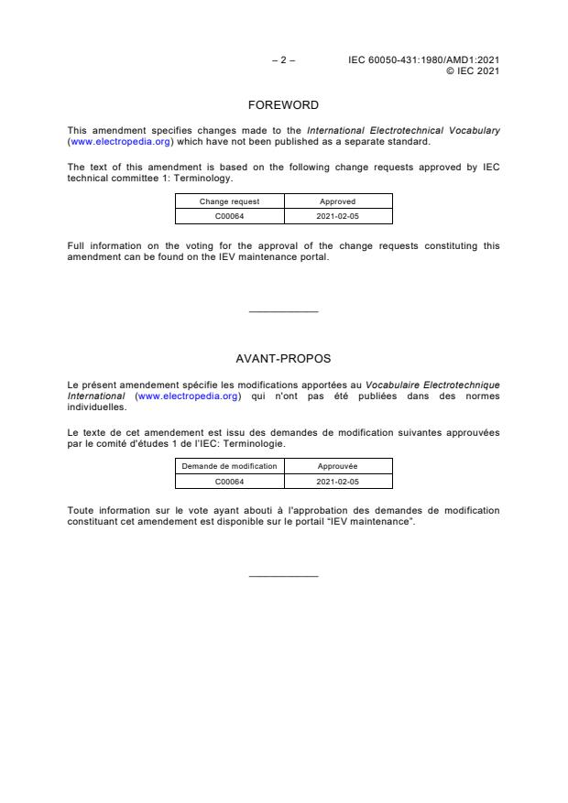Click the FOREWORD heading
click(x=283, y=105)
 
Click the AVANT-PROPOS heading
click(x=283, y=358)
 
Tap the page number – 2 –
click(x=283, y=60)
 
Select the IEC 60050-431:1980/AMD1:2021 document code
click(x=423, y=60)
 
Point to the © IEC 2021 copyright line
click(x=472, y=71)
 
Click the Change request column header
click(x=230, y=201)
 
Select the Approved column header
click(x=338, y=201)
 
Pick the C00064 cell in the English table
click(x=230, y=216)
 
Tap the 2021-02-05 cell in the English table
click(x=338, y=216)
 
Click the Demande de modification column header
click(x=230, y=466)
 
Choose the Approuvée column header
click(x=338, y=466)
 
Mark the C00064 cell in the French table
click(x=230, y=481)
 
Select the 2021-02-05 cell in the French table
click(x=338, y=481)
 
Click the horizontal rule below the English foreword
click(x=283, y=312)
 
